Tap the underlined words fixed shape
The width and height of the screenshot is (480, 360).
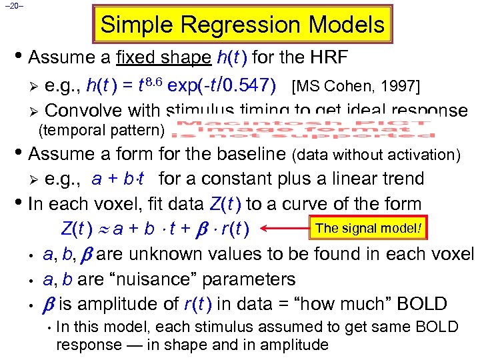163,57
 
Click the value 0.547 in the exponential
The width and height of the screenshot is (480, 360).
247,85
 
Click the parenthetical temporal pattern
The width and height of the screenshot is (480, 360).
102,129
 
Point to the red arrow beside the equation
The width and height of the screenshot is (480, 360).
287,231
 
